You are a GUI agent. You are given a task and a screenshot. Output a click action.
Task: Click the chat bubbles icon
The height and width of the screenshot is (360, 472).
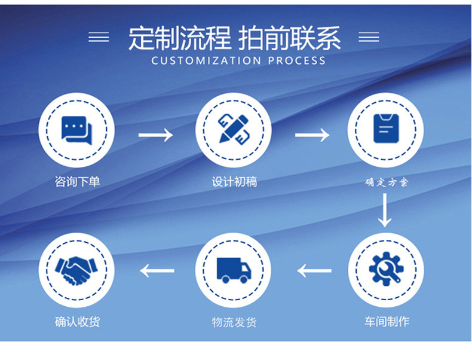(76, 130)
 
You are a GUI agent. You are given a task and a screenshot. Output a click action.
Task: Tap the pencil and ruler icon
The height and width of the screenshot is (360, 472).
(234, 129)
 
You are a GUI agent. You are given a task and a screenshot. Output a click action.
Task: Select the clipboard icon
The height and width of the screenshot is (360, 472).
(386, 129)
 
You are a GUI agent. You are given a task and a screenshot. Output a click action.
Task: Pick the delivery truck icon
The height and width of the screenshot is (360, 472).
(234, 270)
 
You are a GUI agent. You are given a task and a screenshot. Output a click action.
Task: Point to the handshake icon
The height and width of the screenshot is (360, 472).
(76, 270)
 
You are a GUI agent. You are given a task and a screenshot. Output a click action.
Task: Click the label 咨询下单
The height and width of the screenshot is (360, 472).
(77, 182)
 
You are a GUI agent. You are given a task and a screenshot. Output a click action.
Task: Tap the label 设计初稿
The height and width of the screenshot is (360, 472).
(234, 182)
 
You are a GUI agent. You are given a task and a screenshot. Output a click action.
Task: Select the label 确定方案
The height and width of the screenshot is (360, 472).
(387, 182)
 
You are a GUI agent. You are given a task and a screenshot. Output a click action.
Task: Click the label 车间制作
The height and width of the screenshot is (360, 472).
(387, 322)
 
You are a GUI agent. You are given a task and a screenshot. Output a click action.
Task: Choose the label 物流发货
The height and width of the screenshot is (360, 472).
(234, 322)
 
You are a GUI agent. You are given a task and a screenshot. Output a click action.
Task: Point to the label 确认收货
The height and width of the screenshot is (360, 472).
(77, 322)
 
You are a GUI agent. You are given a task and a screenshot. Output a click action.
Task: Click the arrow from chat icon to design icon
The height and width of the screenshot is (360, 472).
(155, 135)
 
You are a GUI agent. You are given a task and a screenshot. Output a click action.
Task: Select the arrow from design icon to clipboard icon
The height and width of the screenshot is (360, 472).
(312, 135)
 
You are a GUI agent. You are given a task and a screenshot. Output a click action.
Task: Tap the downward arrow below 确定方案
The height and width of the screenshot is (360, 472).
(385, 210)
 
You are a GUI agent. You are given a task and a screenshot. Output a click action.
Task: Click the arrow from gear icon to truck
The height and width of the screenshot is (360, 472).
(314, 270)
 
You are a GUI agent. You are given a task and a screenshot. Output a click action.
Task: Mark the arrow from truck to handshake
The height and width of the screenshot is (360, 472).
(157, 270)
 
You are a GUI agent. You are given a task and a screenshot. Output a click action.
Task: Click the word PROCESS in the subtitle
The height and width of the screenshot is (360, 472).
(297, 60)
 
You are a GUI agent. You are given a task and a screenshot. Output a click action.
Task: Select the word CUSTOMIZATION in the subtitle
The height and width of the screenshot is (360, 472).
(206, 60)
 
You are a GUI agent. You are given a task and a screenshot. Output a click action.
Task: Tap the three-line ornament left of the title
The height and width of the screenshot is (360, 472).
(99, 37)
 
